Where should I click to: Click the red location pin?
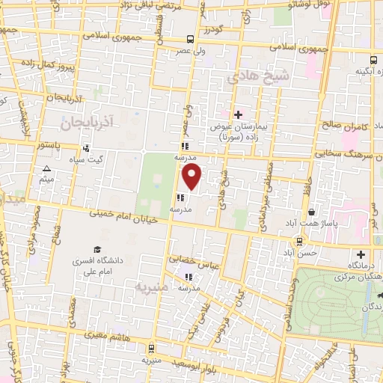coord(192,178)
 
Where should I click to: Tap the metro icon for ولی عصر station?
coord(191,39)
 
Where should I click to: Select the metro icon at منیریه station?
coord(152,347)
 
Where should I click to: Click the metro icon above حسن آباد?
coord(299,241)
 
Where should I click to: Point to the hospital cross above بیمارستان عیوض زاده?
coord(238,114)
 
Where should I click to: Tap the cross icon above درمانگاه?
coord(362,254)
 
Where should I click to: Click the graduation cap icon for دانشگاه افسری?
coord(96,250)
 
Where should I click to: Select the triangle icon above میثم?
coord(46,169)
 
